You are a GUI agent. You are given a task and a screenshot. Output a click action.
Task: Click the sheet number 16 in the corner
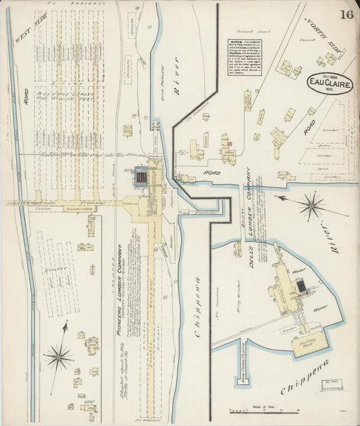click(346, 15)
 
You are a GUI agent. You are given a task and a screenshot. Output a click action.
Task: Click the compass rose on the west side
click(59, 356)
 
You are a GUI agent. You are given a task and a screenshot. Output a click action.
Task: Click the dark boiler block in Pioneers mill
click(143, 178)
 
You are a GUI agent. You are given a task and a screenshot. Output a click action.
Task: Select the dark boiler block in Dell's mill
click(301, 287)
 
